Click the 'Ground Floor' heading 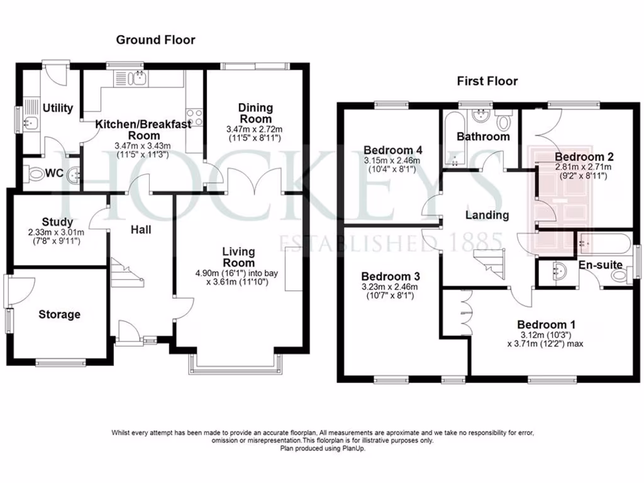click(x=155, y=40)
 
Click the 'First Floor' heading click(x=487, y=81)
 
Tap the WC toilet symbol click(x=38, y=174)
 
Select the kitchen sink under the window click(x=135, y=79)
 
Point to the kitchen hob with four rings click(x=195, y=118)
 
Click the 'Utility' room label click(x=58, y=108)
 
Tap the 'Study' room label click(x=58, y=222)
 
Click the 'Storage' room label click(x=60, y=314)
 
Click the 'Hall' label click(x=141, y=230)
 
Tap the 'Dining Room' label click(x=255, y=113)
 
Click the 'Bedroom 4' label click(x=393, y=150)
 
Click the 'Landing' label click(x=487, y=215)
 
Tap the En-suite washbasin click(x=557, y=272)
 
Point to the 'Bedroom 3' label click(x=391, y=277)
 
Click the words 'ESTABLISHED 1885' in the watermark click(x=390, y=241)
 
